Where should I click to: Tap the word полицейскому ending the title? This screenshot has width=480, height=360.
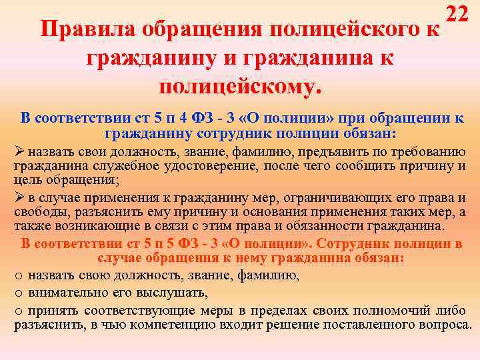click(x=241, y=86)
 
